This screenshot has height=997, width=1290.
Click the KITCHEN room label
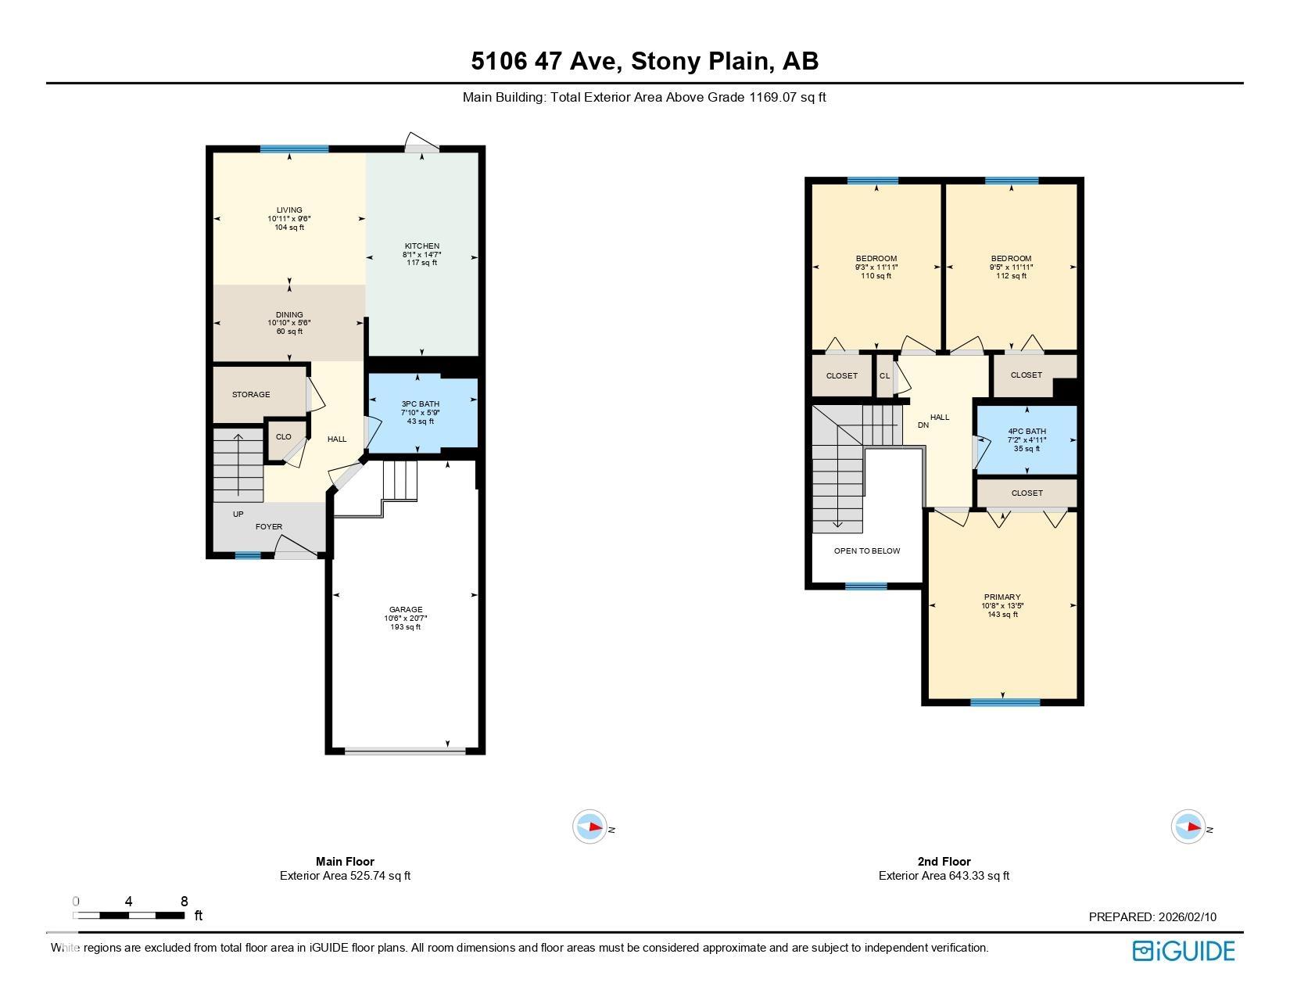(421, 246)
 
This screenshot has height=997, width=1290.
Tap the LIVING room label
(289, 210)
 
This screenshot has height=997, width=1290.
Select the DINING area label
(289, 315)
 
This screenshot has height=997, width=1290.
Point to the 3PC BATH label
(420, 404)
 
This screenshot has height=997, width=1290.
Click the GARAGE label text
(406, 610)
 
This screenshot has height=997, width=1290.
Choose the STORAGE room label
(251, 395)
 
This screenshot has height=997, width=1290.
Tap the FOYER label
(269, 527)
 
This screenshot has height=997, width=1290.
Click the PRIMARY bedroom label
(1002, 597)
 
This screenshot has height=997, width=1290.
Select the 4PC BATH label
(1027, 432)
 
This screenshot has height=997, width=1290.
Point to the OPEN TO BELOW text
(867, 551)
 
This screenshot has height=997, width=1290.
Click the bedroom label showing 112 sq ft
(1011, 267)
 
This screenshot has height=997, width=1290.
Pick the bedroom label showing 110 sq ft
(876, 267)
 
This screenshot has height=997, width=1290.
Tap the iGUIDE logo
(1184, 951)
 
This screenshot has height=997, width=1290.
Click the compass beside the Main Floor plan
(590, 827)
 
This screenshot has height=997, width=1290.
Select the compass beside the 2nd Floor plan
(1188, 827)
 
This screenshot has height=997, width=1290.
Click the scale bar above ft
(129, 915)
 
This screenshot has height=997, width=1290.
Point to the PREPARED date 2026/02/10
(1152, 917)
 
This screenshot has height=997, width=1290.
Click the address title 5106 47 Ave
(644, 61)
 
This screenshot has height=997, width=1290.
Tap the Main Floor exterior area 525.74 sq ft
(345, 876)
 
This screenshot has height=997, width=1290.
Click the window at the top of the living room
(294, 149)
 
